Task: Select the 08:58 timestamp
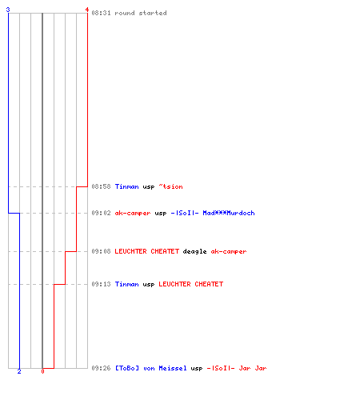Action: coord(101,186)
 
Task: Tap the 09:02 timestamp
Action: coord(101,213)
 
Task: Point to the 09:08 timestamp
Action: coord(101,251)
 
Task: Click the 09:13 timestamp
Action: coord(101,284)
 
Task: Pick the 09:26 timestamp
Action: coord(101,368)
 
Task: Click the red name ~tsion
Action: coord(171,186)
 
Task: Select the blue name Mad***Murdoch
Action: coord(229,213)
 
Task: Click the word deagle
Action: coord(194,251)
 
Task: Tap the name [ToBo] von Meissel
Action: coord(151,368)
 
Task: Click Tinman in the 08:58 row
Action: coord(127,186)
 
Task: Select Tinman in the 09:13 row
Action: coord(127,284)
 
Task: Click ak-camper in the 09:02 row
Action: coord(133,213)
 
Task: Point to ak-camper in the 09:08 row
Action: coord(229,251)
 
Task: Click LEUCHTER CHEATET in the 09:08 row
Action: coord(147,251)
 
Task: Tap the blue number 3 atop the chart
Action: coord(8,10)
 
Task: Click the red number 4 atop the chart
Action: coord(87,10)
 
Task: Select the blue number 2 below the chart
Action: coord(19,371)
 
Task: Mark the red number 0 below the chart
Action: coord(42,371)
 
